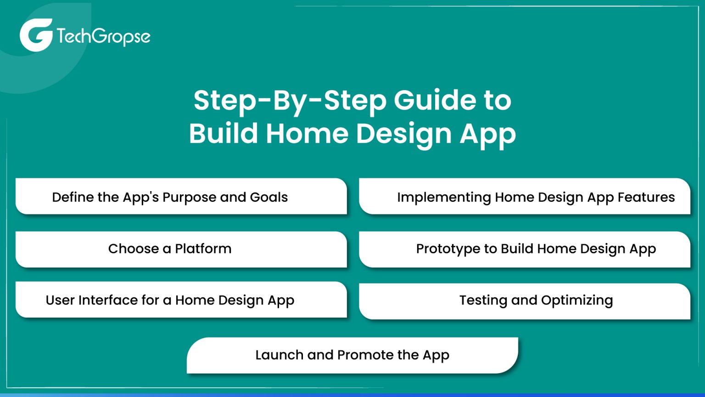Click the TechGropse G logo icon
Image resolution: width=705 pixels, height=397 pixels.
coord(35,35)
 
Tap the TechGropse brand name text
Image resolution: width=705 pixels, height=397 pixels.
coord(104,37)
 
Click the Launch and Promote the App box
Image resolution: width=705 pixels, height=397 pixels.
coord(352,355)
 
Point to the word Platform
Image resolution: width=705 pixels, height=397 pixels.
coord(203,249)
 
